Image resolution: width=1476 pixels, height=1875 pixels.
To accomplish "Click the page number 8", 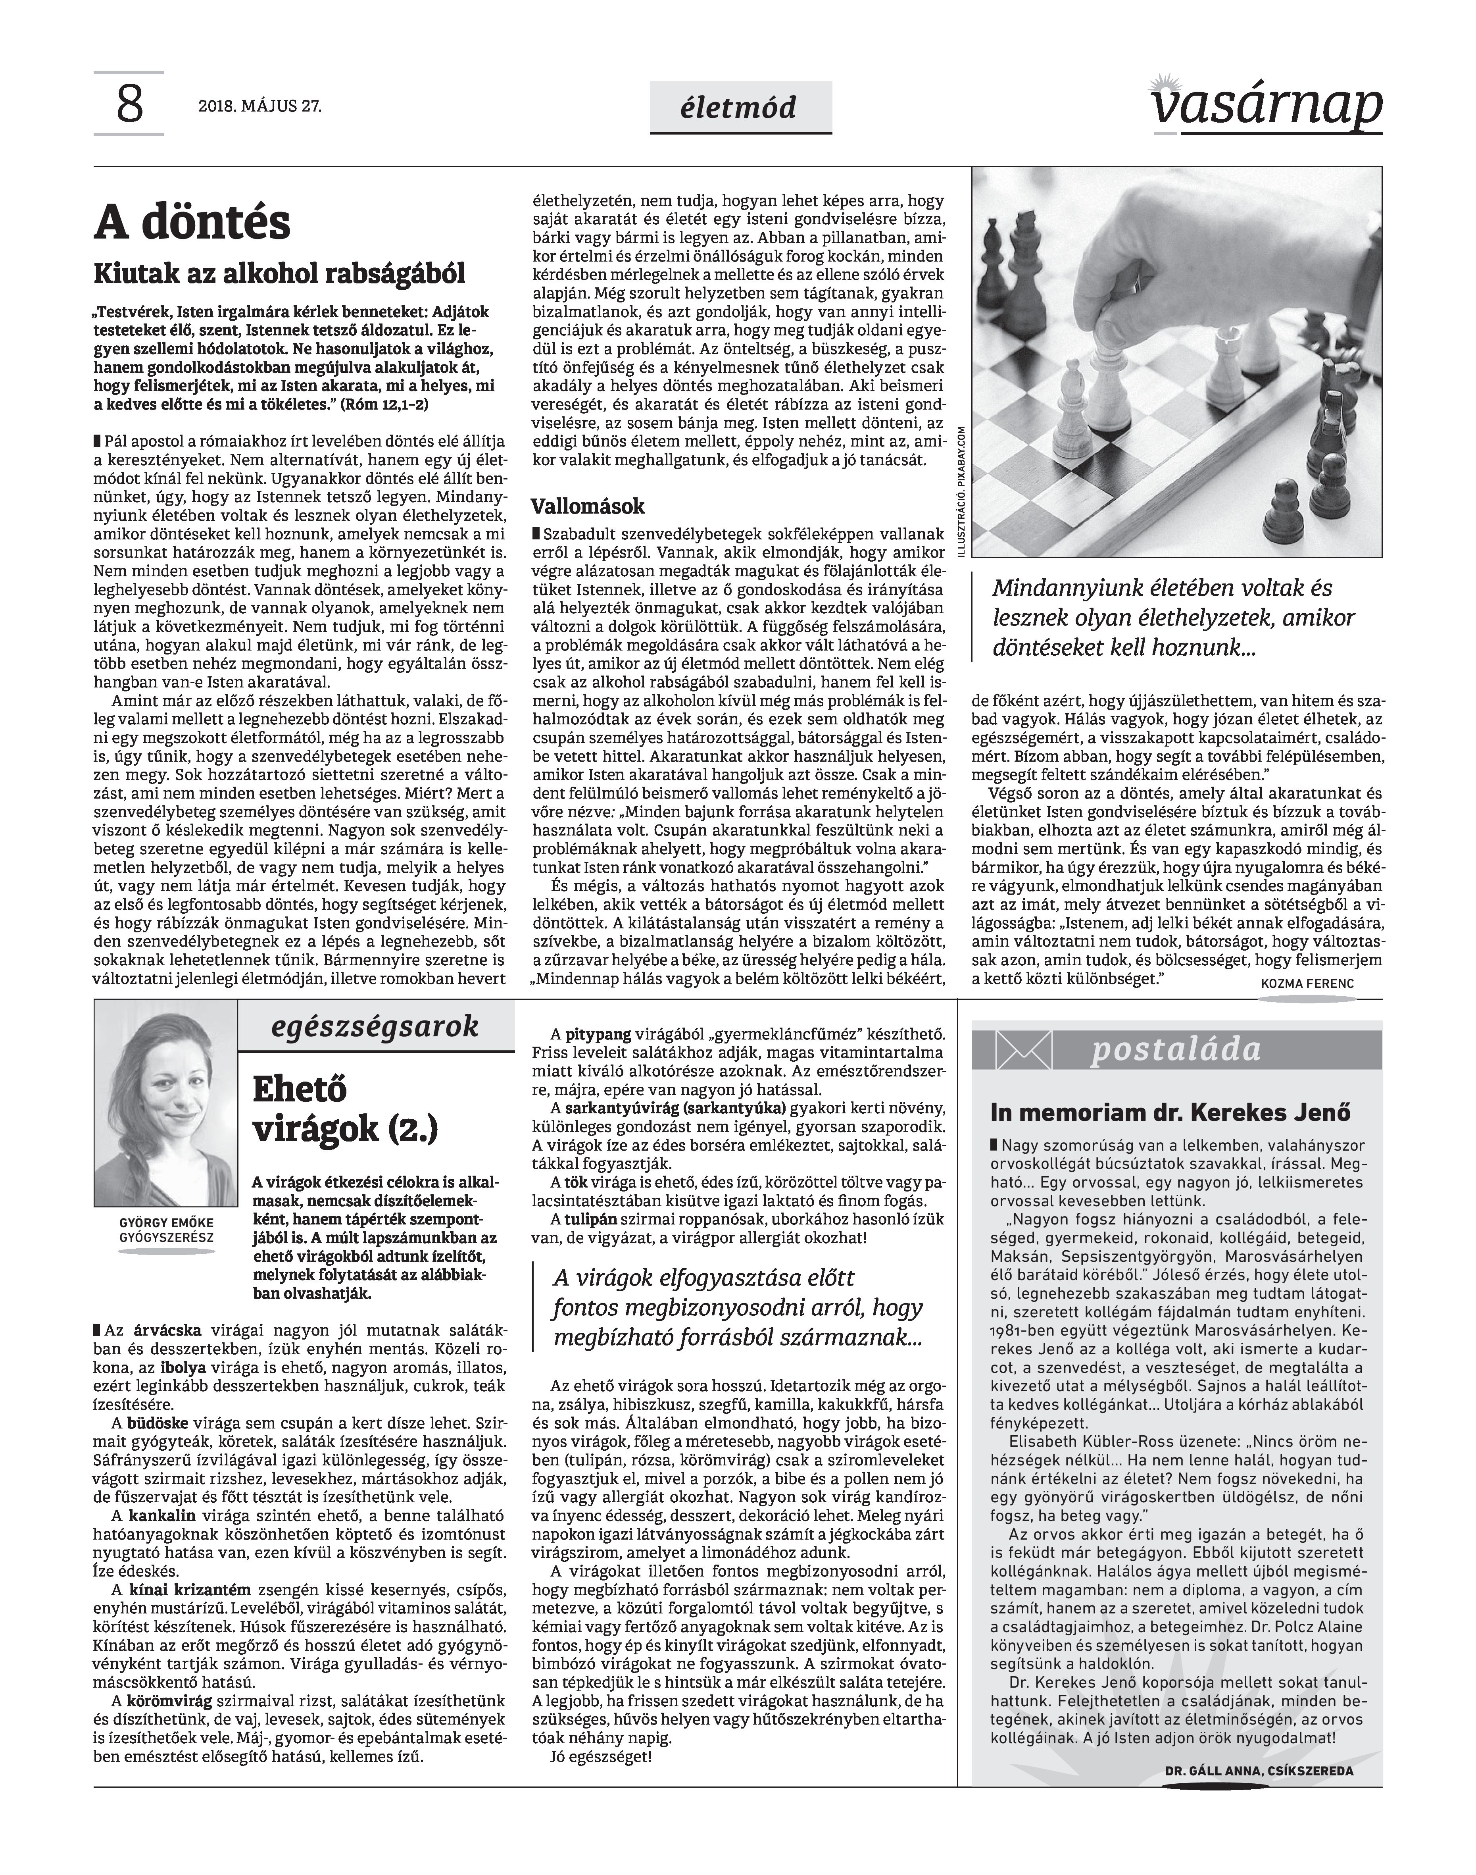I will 129,106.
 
